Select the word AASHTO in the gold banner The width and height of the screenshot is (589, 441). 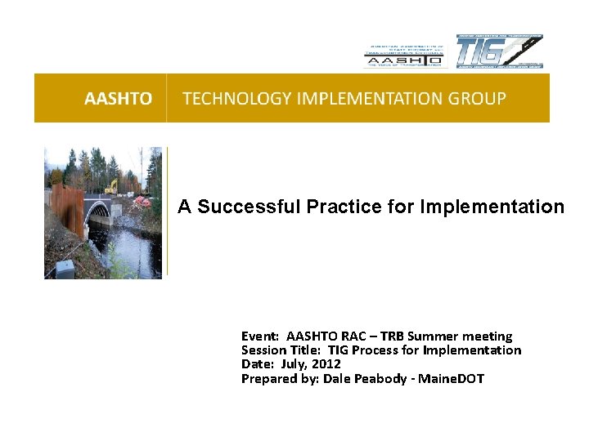point(118,99)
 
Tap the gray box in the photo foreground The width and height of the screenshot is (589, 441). point(64,269)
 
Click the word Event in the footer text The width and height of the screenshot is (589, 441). point(259,336)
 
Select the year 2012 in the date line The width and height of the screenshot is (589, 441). point(326,364)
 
